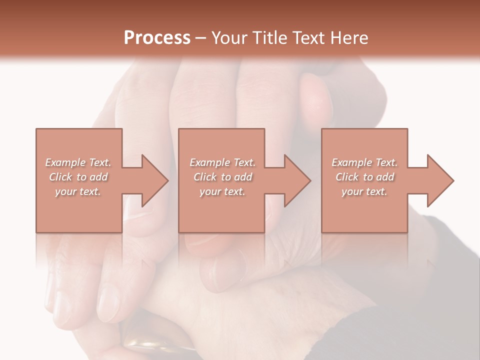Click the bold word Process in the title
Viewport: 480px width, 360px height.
[157, 38]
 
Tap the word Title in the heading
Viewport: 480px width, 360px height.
[269, 38]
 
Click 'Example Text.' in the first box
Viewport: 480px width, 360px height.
[78, 162]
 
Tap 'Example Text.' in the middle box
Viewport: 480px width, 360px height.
[222, 162]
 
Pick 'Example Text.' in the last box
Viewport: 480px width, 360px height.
[364, 162]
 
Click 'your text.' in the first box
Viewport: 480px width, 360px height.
[78, 191]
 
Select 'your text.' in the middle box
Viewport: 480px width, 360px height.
[222, 191]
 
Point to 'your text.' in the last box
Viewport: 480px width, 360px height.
[364, 191]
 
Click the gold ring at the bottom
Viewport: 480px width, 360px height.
[150, 345]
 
